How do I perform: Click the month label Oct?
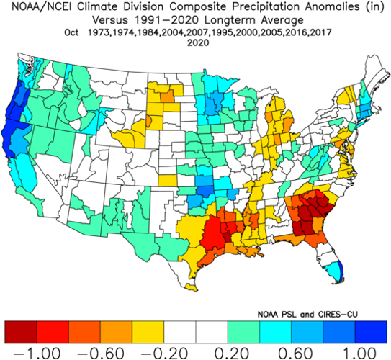(72, 33)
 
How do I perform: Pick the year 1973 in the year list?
(103, 33)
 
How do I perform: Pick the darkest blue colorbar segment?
(372, 332)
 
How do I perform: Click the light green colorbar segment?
(244, 332)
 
